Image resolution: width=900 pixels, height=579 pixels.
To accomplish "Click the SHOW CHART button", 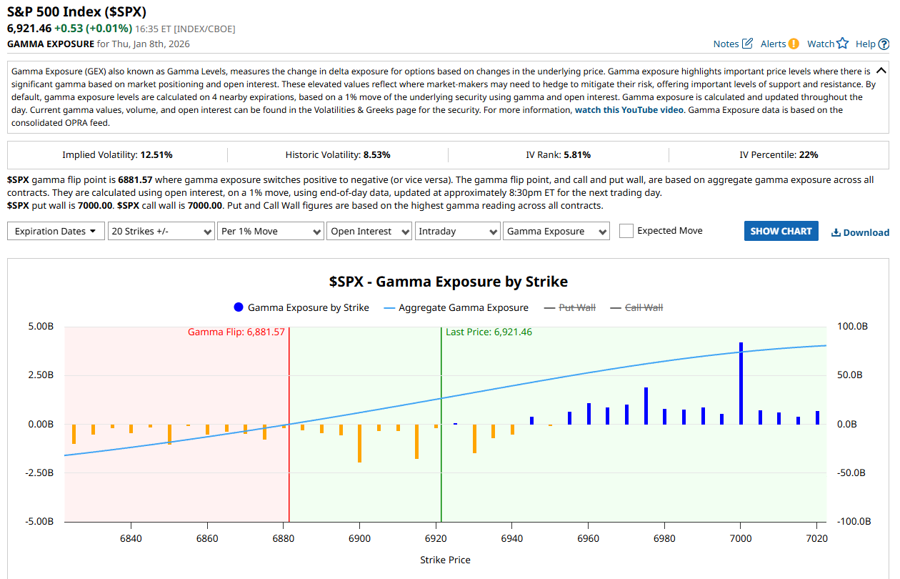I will coord(781,231).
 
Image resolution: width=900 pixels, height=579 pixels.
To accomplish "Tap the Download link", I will coord(860,232).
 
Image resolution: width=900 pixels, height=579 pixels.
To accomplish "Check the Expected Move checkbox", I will coord(626,231).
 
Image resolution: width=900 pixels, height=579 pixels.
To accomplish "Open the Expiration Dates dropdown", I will coord(56,231).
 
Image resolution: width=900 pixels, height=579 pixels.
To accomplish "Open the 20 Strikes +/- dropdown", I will coord(161,231).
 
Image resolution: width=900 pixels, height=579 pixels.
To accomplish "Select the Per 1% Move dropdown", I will coord(271,231).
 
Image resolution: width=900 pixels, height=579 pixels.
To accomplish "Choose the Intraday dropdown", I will coord(457,231).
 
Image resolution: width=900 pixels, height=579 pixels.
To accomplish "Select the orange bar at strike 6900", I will coord(359,442).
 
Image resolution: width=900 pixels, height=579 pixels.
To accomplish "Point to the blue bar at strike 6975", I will coord(646,406).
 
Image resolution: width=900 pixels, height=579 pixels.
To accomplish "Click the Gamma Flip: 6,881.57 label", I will coord(236,332).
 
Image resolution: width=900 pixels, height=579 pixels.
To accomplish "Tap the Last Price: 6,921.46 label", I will coord(489,332).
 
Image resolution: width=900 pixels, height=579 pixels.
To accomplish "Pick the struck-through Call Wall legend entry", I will coord(644,307).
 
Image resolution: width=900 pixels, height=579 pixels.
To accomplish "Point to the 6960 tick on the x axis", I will coord(588,538).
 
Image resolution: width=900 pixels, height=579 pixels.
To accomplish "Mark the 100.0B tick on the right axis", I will coord(851,326).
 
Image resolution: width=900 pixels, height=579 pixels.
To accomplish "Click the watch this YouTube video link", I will coord(629,110).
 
